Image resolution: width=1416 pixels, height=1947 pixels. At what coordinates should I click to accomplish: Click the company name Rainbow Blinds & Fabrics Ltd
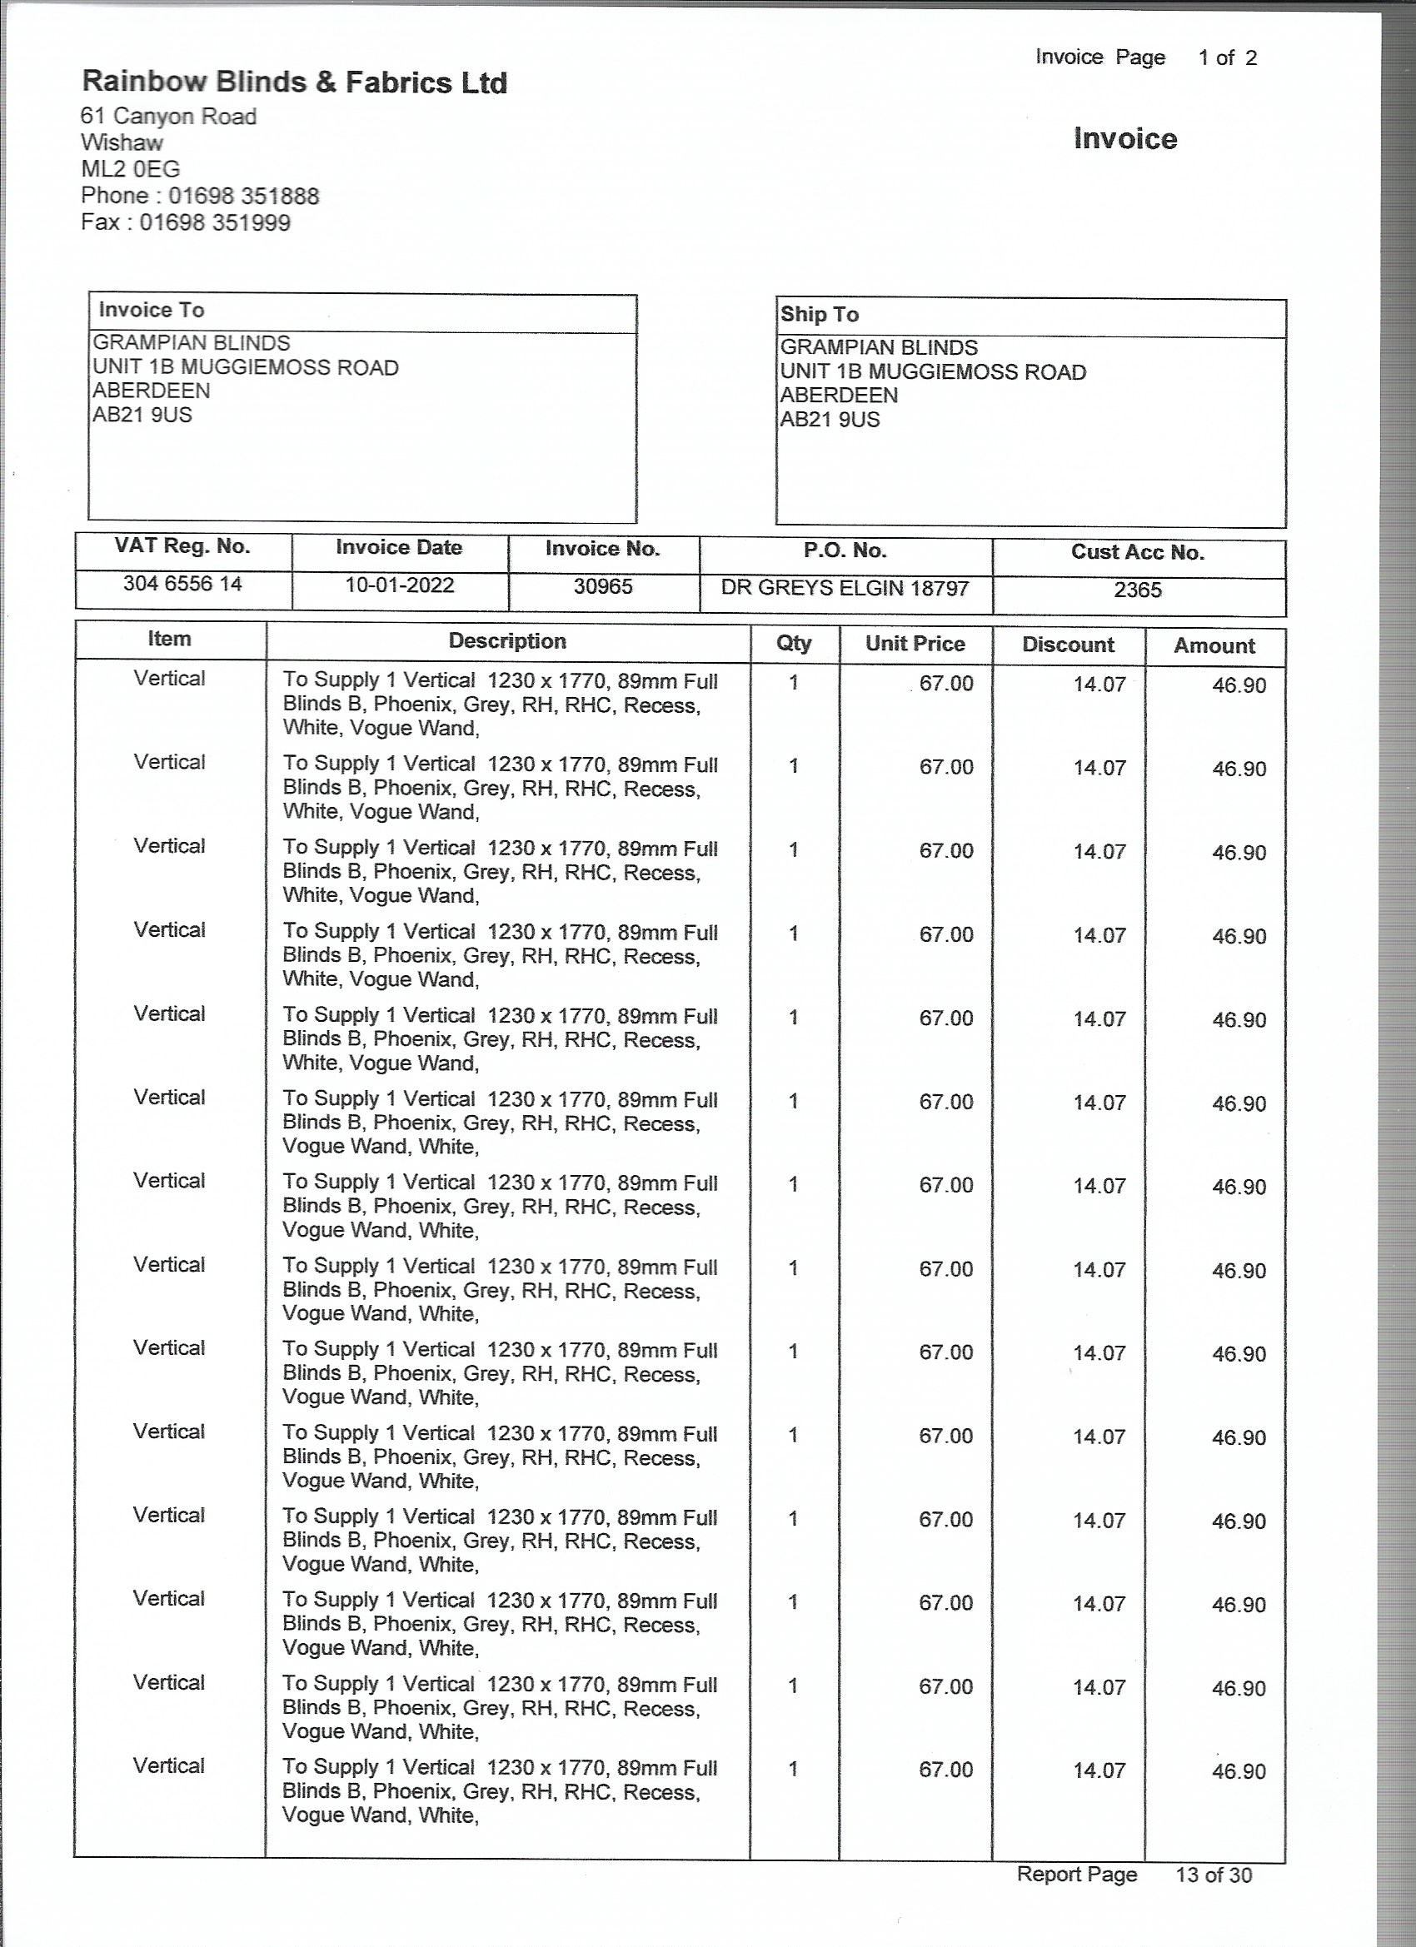(294, 82)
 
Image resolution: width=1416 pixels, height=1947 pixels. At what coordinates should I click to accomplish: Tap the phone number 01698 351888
(243, 196)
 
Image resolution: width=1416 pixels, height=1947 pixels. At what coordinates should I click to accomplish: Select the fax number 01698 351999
(215, 223)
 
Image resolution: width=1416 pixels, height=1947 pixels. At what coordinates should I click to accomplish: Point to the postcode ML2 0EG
(131, 169)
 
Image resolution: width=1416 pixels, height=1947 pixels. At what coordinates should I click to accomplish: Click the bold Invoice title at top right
(1125, 139)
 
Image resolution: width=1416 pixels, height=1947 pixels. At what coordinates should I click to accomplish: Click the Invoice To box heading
(151, 310)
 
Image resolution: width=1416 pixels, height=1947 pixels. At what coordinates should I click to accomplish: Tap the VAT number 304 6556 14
(182, 584)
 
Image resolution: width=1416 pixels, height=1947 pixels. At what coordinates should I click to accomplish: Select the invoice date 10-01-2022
(399, 585)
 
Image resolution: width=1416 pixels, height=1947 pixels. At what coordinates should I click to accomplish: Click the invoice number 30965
(603, 586)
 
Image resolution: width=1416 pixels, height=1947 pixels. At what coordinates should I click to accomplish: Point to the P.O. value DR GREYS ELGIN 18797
(845, 589)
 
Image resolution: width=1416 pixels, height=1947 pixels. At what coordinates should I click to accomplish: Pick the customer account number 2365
(1137, 590)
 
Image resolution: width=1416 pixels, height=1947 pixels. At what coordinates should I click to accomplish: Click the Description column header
(506, 641)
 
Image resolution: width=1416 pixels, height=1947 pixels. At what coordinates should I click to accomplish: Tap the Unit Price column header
(915, 644)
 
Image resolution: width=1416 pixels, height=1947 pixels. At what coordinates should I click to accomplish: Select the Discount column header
(1067, 645)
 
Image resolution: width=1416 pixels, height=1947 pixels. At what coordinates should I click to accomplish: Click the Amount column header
(1214, 645)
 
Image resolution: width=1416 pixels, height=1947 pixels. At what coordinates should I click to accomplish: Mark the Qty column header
(794, 643)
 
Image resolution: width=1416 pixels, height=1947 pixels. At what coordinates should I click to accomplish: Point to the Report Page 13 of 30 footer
(1134, 1875)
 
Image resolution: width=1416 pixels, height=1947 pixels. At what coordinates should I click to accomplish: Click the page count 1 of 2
(1227, 58)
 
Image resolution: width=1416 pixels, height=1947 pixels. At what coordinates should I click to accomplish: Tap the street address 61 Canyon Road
(168, 117)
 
